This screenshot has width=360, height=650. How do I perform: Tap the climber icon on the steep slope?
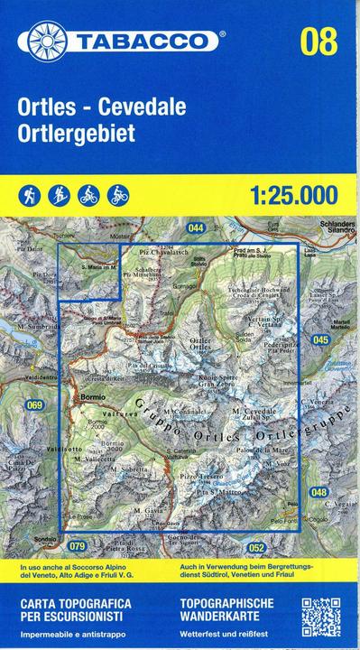pyautogui.click(x=58, y=193)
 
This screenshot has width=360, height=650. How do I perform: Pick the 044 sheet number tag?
pyautogui.click(x=197, y=228)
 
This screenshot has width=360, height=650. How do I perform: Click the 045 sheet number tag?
pyautogui.click(x=319, y=339)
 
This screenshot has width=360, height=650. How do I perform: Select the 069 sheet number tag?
pyautogui.click(x=34, y=405)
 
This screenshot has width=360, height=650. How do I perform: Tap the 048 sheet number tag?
pyautogui.click(x=318, y=492)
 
